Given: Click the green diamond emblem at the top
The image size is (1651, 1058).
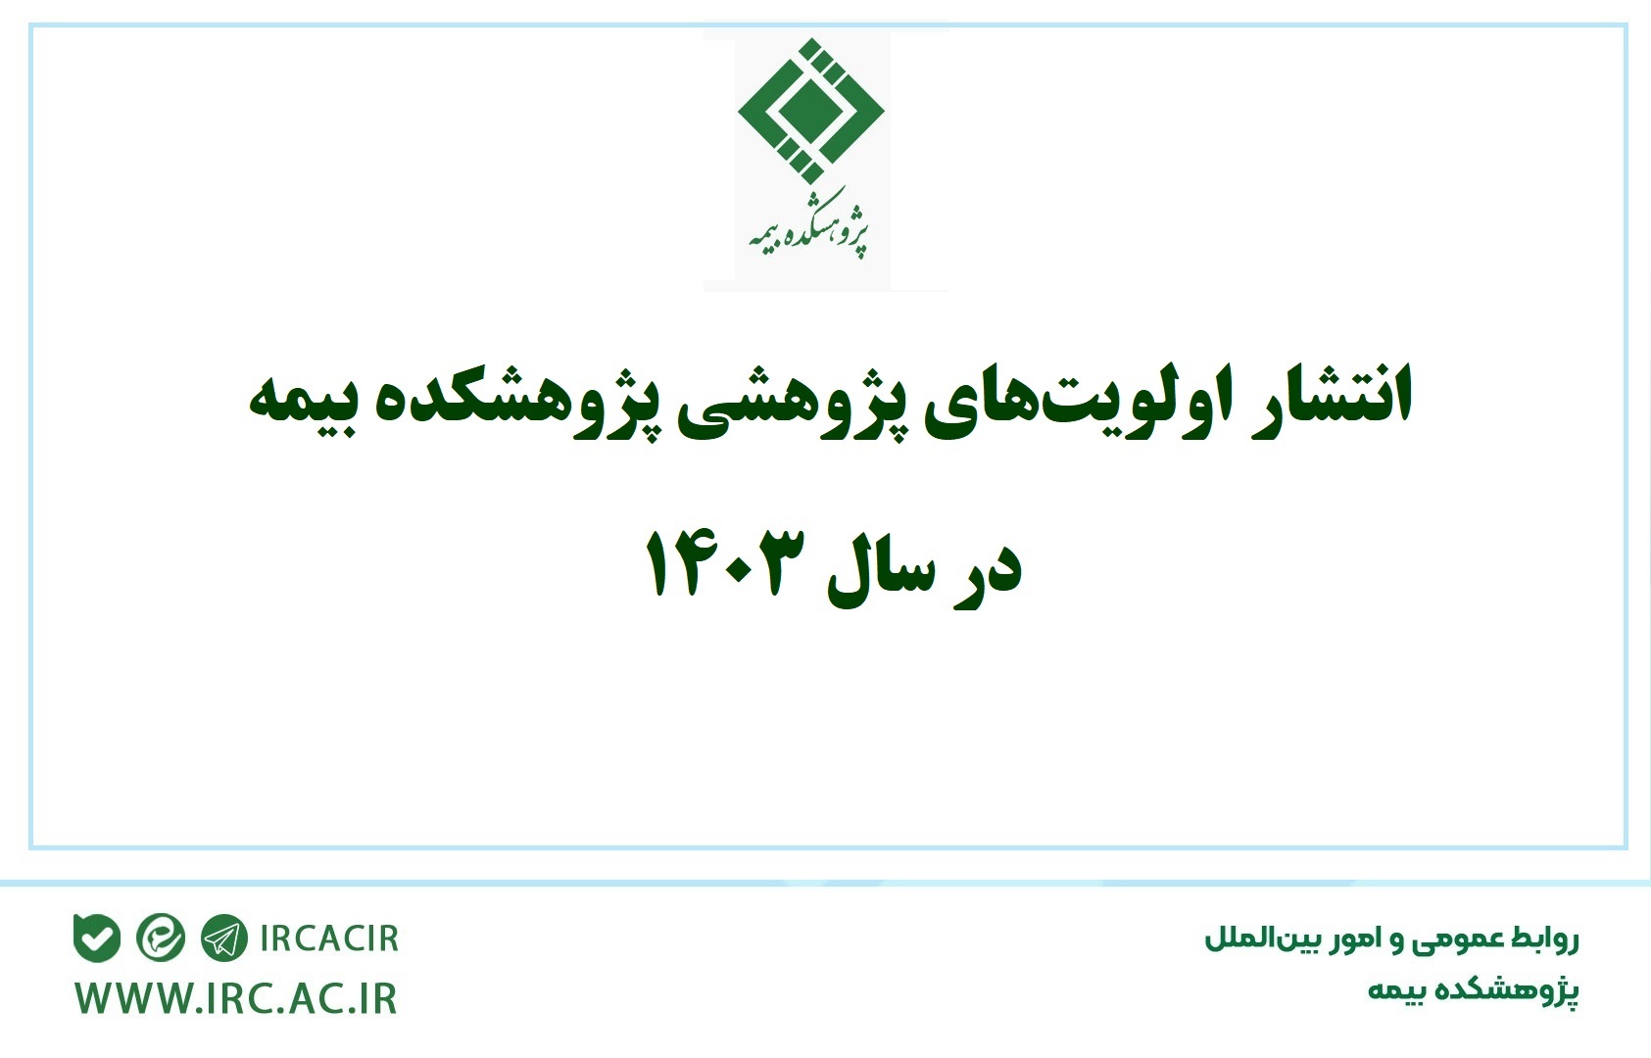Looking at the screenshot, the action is (x=810, y=112).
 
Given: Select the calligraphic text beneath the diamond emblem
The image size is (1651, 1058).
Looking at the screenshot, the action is (x=808, y=224).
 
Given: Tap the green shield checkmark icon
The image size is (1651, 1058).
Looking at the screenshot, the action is (x=97, y=938).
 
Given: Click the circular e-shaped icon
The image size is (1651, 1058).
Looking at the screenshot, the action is (x=160, y=938).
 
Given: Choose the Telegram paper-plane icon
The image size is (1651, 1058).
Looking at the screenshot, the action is (x=224, y=938).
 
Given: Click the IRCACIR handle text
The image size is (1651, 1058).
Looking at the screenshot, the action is (x=329, y=938).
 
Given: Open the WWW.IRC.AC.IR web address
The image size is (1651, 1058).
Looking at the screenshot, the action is (x=236, y=999).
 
